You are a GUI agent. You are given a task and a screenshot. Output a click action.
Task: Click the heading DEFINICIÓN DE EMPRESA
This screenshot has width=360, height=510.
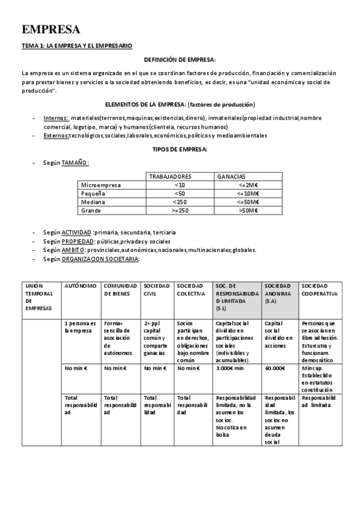[x=180, y=60]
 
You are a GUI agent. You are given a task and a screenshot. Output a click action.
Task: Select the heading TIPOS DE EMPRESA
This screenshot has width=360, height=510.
[x=180, y=149]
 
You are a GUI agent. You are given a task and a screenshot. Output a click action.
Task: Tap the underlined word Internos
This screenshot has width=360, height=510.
[x=56, y=118]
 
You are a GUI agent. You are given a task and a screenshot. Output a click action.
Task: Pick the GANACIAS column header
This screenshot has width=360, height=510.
[x=231, y=177]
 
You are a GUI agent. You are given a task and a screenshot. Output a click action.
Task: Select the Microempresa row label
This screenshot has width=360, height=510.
[x=101, y=185]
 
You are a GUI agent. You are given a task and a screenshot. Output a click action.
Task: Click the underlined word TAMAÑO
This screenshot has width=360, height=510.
[x=75, y=162]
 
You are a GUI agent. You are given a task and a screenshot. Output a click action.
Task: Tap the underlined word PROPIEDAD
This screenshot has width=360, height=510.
[x=77, y=241]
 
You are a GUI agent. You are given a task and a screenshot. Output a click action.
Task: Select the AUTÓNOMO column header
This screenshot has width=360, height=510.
[x=80, y=286]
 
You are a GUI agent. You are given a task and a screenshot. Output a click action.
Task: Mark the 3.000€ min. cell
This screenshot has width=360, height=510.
[x=230, y=369]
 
